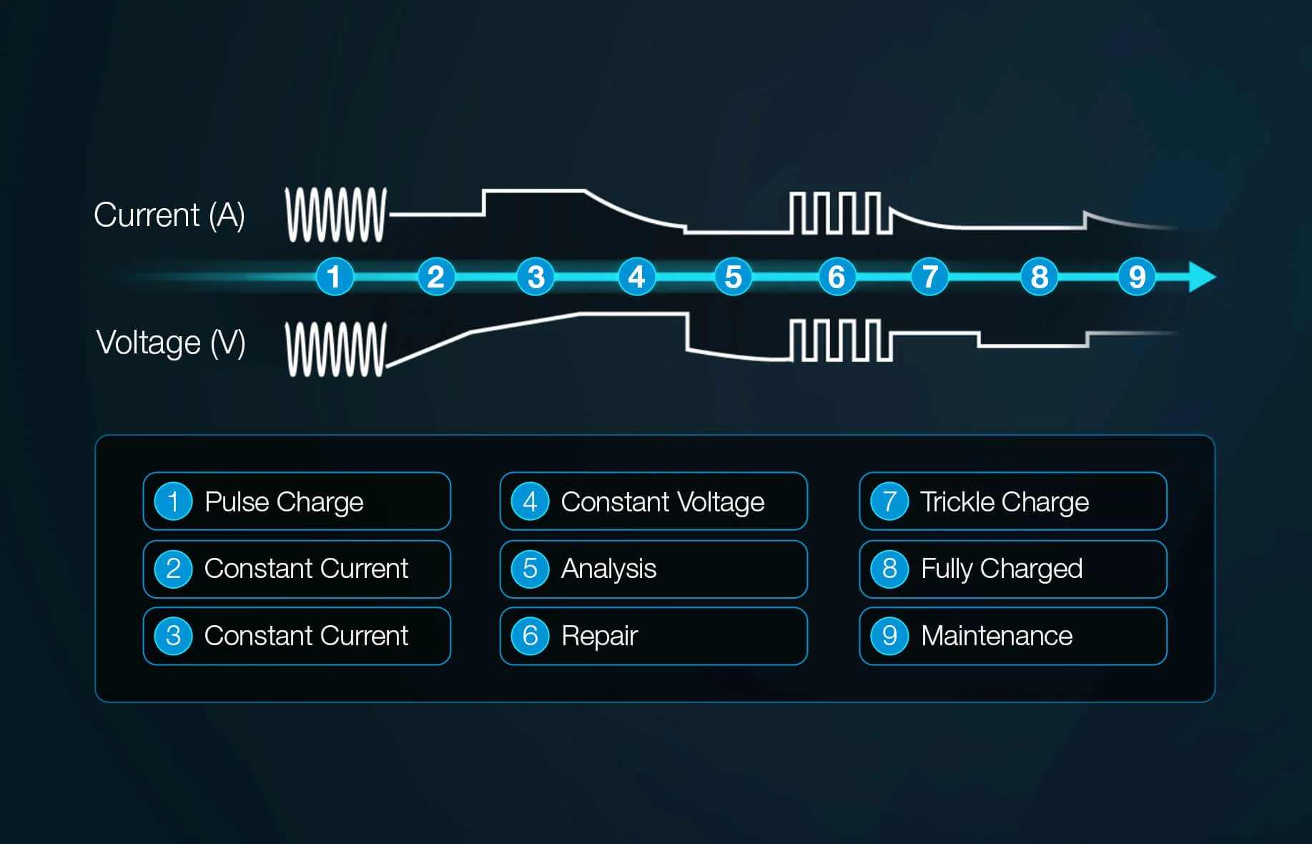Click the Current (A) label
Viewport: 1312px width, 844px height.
[x=169, y=215]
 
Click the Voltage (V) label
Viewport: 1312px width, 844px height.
[x=171, y=343]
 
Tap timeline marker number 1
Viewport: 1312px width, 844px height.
[x=334, y=277]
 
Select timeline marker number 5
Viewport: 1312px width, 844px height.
[x=733, y=277]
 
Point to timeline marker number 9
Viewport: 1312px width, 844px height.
[x=1136, y=277]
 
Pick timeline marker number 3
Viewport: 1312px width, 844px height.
[x=536, y=277]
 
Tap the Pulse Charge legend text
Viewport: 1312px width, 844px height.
[x=284, y=502]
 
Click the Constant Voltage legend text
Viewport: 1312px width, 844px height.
[x=663, y=502]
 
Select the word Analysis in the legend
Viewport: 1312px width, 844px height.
[x=608, y=569]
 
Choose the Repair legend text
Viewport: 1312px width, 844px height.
[x=599, y=636]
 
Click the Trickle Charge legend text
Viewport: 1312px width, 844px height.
[x=1004, y=502]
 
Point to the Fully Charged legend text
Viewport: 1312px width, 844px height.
[x=1001, y=569]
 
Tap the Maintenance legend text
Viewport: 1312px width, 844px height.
[x=997, y=636]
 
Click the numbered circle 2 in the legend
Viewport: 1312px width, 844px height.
[x=173, y=569]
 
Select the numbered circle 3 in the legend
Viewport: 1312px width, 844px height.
[x=173, y=636]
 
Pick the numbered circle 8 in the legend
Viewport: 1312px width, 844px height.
[x=889, y=569]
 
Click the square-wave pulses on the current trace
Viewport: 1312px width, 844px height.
[x=839, y=213]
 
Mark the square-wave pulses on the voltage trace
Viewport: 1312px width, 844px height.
[x=839, y=340]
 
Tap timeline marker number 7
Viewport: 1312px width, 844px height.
[x=929, y=277]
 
